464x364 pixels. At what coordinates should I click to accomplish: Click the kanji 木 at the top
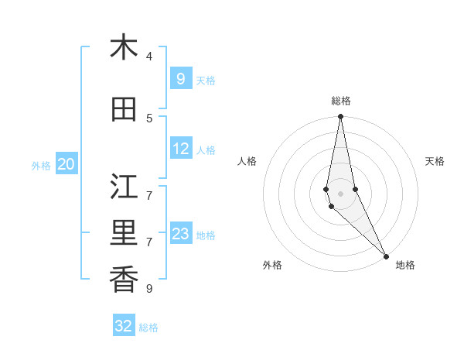tap(124, 47)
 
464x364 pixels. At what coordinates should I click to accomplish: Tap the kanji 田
tap(124, 110)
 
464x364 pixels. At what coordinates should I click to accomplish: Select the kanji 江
tap(124, 187)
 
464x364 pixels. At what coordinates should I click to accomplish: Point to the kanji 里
tap(124, 233)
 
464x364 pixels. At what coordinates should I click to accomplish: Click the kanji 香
tap(124, 280)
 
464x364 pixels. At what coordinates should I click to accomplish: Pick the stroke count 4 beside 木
tap(149, 56)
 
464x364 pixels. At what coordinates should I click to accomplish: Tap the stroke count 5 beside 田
tap(149, 118)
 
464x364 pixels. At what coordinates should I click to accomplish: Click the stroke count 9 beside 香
tap(149, 288)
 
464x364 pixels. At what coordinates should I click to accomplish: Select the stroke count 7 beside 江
tap(149, 194)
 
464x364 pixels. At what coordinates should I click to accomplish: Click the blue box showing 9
tap(180, 78)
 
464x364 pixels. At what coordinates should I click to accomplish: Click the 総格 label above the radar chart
tap(341, 101)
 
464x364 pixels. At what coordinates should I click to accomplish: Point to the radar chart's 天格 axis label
tap(435, 161)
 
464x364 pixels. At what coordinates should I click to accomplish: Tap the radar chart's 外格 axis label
tap(272, 265)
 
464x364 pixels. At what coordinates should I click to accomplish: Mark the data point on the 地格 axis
tap(386, 256)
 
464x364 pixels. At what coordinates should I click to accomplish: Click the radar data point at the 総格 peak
tap(340, 117)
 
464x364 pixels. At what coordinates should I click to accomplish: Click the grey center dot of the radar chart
tap(340, 194)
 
